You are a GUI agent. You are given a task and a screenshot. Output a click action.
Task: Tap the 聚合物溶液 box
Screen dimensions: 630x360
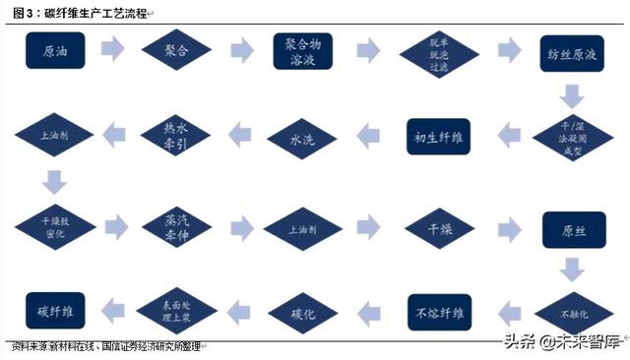tap(301, 50)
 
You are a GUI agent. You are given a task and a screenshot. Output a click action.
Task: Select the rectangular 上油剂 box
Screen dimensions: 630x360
tap(301, 227)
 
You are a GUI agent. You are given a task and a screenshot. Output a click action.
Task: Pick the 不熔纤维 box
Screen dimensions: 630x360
tap(440, 313)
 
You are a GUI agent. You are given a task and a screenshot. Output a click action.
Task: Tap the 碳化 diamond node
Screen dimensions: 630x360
tap(301, 314)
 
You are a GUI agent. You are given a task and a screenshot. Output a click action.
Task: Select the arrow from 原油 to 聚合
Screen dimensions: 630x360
tap(112, 49)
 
